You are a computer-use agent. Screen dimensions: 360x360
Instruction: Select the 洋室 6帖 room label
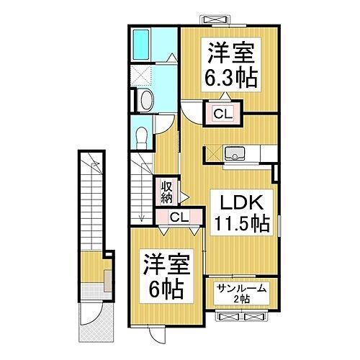click(x=166, y=277)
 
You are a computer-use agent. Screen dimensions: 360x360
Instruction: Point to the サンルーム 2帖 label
click(x=242, y=294)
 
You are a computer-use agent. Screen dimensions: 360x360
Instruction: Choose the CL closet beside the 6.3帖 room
click(x=221, y=112)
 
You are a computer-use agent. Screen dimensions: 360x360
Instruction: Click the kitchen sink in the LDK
click(x=236, y=153)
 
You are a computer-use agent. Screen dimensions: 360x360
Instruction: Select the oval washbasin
click(x=143, y=100)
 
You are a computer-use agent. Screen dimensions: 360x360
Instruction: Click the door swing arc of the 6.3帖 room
click(x=191, y=112)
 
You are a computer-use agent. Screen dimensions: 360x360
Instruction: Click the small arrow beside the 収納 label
click(x=183, y=195)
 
